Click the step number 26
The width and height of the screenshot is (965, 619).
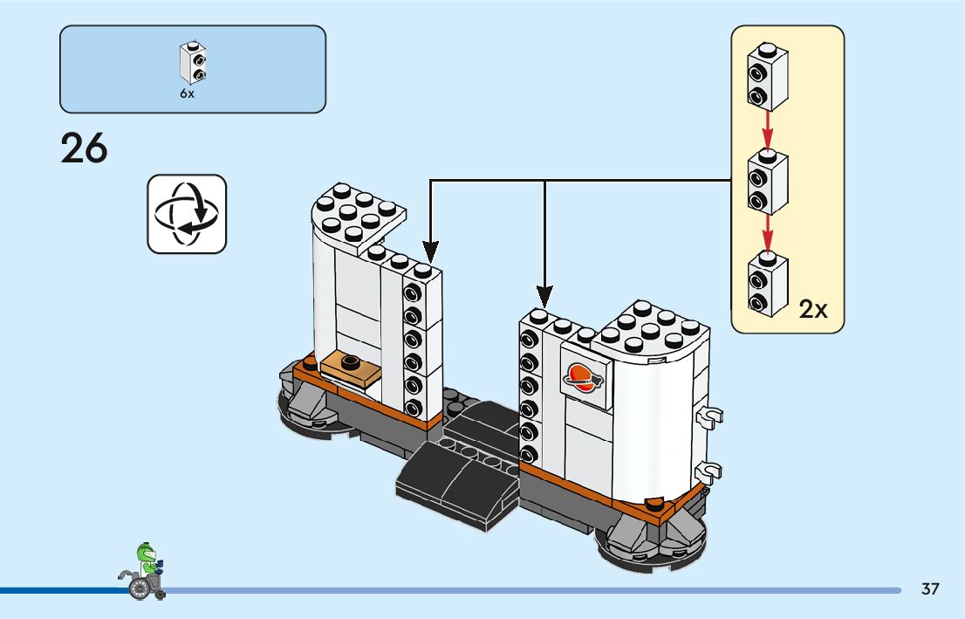(85, 148)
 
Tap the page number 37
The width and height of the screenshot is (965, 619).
(930, 589)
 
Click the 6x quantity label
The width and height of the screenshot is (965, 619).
(188, 93)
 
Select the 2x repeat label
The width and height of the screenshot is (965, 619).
(813, 309)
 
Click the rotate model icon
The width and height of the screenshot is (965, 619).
(187, 214)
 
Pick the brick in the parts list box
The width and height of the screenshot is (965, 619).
(193, 61)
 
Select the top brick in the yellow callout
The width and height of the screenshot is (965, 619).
(767, 77)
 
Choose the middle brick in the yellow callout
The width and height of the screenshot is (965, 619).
(767, 182)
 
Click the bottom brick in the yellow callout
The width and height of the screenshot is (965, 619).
(767, 284)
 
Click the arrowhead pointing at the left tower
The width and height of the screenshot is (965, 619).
(429, 253)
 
